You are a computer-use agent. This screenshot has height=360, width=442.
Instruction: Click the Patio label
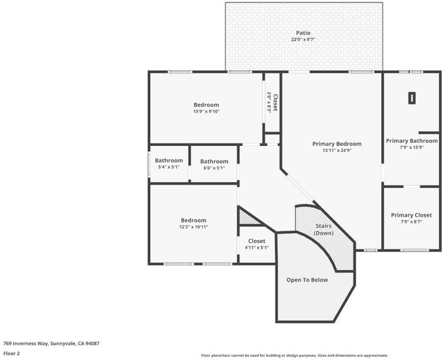click(303, 33)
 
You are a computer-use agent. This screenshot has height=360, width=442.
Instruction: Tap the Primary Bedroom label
click(337, 143)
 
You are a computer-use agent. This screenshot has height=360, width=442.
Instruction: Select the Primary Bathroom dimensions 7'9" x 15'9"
click(411, 148)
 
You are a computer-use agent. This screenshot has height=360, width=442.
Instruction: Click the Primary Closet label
click(411, 215)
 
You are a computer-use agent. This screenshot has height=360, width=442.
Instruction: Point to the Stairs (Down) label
click(324, 229)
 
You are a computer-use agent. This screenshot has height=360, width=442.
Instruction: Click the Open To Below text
click(307, 280)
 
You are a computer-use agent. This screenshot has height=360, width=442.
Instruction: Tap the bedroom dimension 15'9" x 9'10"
click(207, 111)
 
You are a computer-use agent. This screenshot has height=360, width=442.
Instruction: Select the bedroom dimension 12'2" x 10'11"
click(193, 227)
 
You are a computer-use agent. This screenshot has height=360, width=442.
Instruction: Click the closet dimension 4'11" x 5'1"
click(257, 248)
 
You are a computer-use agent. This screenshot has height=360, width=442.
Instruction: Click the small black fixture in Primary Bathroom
click(412, 98)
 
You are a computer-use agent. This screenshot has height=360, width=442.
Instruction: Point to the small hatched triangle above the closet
click(247, 218)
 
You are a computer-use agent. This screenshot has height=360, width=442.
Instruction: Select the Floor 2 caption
click(11, 353)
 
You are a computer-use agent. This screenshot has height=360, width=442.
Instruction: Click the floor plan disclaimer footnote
click(294, 355)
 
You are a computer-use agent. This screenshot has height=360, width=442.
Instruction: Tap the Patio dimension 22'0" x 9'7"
click(303, 40)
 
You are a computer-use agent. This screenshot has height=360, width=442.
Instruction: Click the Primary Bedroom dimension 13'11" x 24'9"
click(337, 151)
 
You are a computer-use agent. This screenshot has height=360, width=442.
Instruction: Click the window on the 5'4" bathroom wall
click(150, 165)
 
